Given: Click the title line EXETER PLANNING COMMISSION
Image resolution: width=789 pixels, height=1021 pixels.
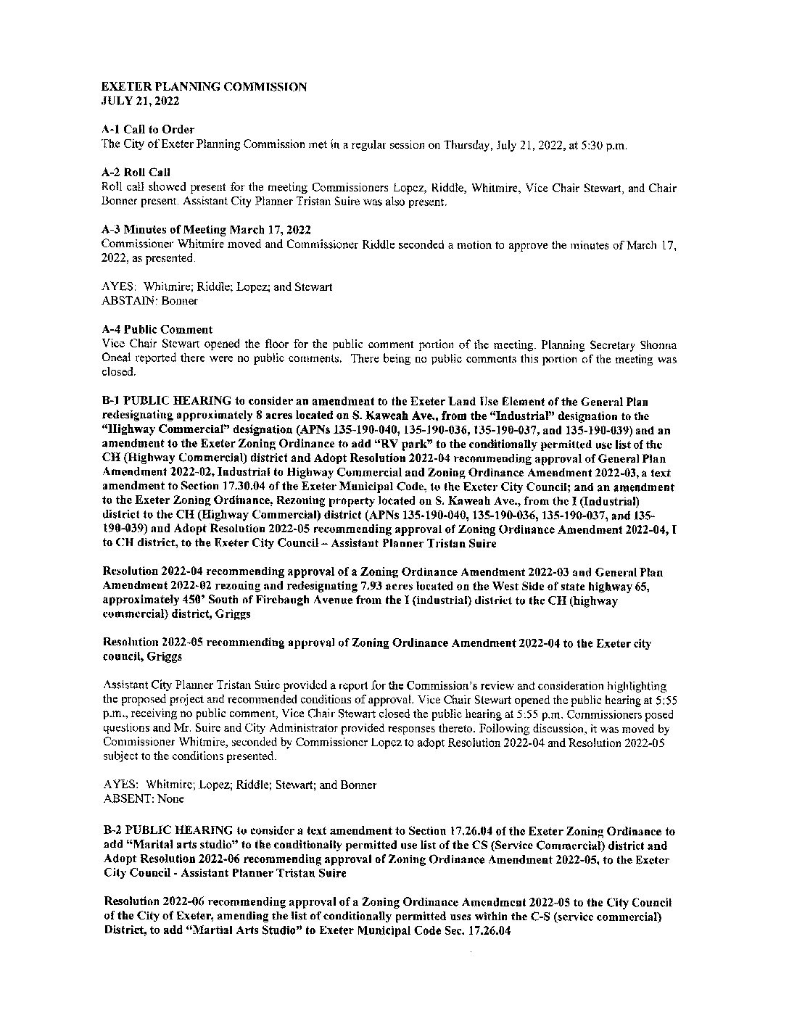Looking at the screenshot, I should point(204,87).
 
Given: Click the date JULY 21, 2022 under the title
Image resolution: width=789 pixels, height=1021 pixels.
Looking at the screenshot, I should point(140,101).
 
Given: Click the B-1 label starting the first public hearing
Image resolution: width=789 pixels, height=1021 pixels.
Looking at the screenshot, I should point(111,402).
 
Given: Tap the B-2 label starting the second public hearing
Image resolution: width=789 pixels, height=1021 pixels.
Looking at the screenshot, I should point(112,831).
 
